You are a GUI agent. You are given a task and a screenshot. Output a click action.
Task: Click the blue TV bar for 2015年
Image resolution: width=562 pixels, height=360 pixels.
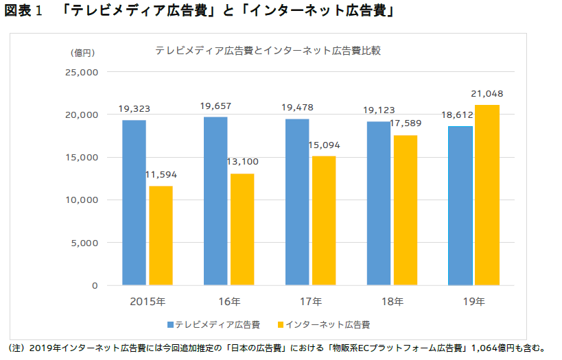coord(134,202)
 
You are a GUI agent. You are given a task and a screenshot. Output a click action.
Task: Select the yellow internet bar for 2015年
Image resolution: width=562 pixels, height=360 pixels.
coord(161,235)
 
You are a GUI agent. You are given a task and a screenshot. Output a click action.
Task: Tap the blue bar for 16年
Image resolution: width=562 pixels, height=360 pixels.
coord(215,201)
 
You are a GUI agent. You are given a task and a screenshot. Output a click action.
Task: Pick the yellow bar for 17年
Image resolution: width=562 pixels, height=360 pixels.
coord(324,220)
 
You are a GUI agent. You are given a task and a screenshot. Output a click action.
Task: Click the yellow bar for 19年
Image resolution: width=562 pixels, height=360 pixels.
coord(487,195)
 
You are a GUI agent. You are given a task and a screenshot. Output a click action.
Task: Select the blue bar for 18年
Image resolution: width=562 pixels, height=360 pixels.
coord(378,203)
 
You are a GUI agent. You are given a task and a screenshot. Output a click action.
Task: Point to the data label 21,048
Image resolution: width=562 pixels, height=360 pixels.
coord(487,93)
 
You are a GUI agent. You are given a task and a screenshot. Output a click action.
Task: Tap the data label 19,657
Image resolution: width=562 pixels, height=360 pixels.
coord(215,106)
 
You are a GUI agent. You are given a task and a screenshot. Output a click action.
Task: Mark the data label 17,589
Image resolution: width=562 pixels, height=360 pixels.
coord(405,123)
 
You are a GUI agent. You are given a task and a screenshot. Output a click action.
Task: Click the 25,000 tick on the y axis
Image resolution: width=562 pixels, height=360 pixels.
coord(82,72)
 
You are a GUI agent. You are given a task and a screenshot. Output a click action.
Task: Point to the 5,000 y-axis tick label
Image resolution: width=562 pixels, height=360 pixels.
coord(85,243)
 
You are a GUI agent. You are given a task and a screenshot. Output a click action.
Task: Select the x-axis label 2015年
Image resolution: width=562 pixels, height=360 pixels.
coord(148,301)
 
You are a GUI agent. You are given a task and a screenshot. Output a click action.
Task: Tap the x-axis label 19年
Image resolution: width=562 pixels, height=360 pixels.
coord(473,301)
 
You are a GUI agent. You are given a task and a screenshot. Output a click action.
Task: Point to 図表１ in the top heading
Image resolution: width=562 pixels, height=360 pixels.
coord(24,12)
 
